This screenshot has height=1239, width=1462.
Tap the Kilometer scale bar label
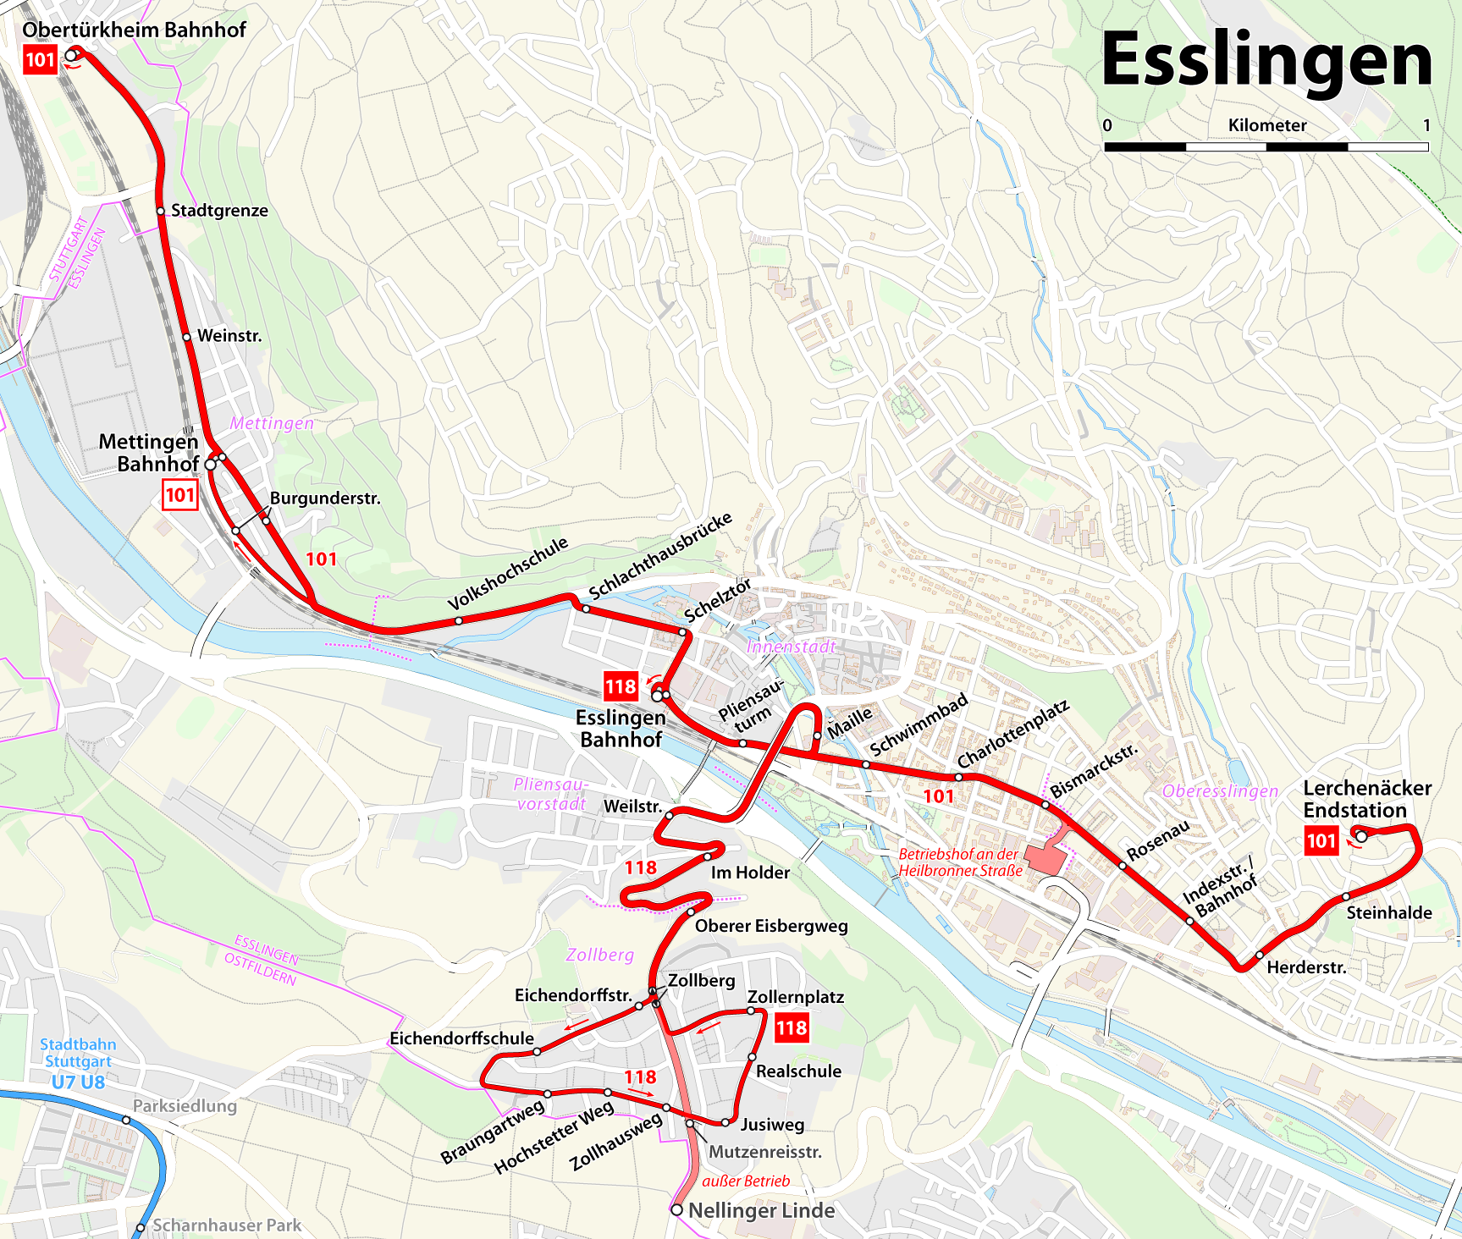tap(1267, 125)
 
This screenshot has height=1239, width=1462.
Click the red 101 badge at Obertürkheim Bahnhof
tap(40, 60)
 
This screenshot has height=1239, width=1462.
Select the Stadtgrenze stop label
tap(219, 211)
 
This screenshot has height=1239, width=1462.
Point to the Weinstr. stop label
tap(229, 336)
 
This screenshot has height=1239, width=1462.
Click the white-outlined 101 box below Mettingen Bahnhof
tap(179, 495)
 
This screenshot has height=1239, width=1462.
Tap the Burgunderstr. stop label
tap(325, 498)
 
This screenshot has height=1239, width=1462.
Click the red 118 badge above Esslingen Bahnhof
tap(620, 686)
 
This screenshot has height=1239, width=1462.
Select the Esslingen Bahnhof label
tap(620, 729)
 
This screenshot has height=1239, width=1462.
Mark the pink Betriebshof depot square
tap(1046, 858)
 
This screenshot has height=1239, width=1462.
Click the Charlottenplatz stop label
tap(1013, 734)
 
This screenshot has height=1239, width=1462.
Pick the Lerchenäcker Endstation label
tap(1366, 799)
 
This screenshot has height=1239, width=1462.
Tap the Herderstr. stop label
tap(1306, 967)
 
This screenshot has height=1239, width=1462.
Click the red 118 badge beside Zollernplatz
tap(792, 1028)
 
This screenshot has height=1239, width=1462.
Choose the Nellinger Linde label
tap(761, 1211)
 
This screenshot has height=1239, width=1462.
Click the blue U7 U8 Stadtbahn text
tap(78, 1082)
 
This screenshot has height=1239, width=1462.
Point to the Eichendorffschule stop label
tap(461, 1038)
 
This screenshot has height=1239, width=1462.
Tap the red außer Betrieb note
tap(746, 1181)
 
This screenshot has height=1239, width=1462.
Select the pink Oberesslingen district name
tap(1220, 791)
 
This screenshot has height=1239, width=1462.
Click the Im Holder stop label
tap(750, 873)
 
